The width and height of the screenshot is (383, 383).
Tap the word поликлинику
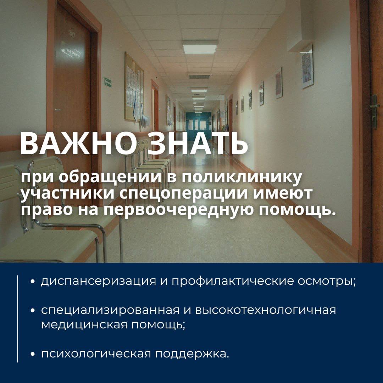(242, 178)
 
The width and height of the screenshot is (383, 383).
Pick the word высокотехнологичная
(266, 310)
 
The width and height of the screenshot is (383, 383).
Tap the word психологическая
(96, 354)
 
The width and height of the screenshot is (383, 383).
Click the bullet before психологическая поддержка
(33, 355)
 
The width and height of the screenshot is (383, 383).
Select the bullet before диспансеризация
(33, 282)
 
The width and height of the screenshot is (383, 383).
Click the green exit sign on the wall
(108, 82)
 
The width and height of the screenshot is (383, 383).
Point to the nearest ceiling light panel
(200, 47)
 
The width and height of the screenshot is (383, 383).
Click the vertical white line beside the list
(18, 319)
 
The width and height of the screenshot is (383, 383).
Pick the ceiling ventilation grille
(199, 77)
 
